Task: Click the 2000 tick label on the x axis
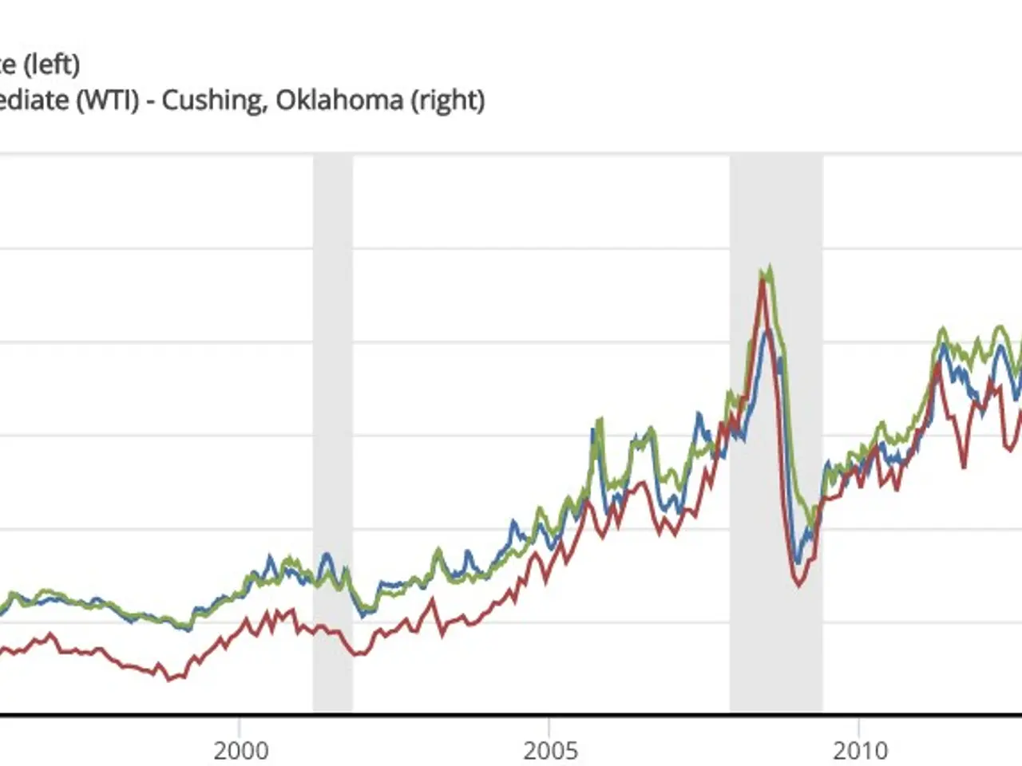pos(240,751)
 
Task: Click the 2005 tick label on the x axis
pos(549,751)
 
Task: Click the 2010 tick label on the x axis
pos(859,751)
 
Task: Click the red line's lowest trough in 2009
pos(799,586)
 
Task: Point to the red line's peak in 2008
pos(763,281)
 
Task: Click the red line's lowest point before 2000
pos(168,680)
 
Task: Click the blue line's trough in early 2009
pos(798,561)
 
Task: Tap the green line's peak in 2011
pos(943,328)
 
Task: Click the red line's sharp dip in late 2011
pos(965,467)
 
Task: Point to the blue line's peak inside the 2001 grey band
pos(326,554)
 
